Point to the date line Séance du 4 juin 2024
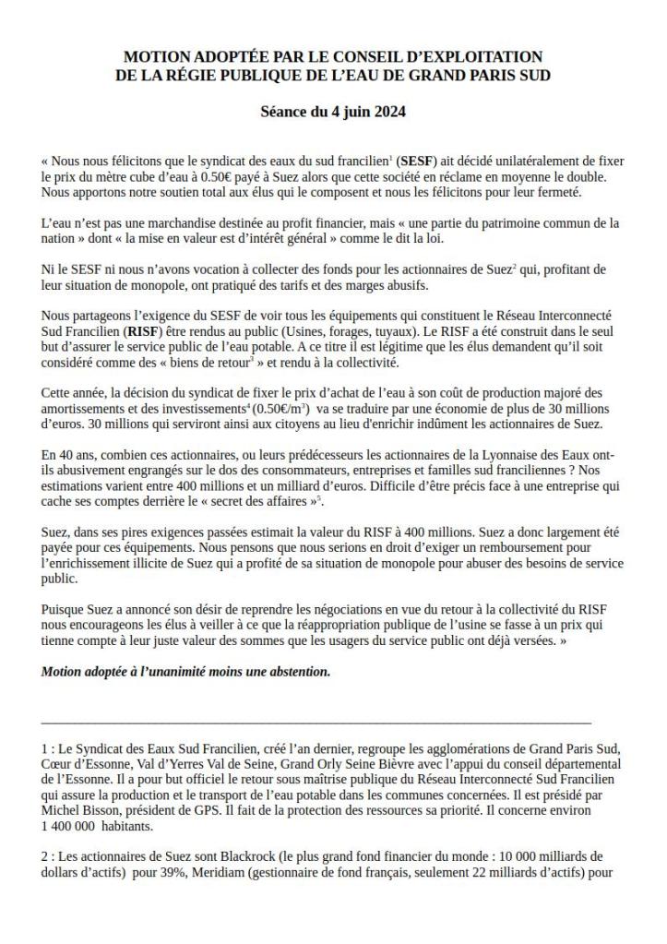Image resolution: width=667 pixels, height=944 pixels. click(333, 113)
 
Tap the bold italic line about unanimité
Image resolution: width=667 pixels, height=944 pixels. click(185, 672)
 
